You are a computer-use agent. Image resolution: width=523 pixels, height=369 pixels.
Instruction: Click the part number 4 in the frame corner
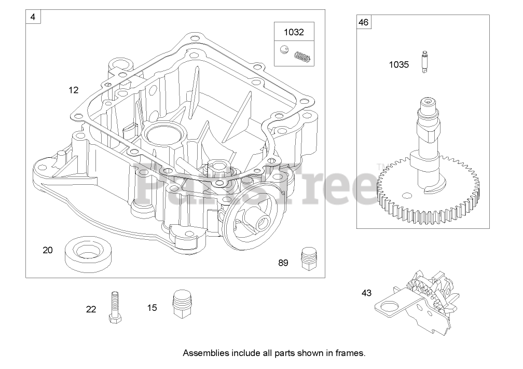click(33, 17)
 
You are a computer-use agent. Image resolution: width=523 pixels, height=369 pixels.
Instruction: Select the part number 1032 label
click(293, 32)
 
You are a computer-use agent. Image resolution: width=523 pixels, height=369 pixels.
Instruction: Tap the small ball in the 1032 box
click(284, 50)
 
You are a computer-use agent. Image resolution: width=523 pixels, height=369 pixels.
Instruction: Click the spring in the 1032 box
click(303, 56)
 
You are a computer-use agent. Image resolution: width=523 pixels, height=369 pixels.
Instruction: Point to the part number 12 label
click(73, 90)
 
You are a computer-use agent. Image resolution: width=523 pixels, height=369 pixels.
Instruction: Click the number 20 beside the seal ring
click(48, 250)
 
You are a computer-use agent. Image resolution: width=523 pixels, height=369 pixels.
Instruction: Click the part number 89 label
click(283, 263)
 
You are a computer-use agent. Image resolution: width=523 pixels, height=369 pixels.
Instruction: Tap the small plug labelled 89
click(309, 258)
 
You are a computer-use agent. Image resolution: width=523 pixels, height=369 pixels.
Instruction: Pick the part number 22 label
click(91, 309)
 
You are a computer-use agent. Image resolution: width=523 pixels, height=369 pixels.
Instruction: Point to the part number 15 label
click(152, 308)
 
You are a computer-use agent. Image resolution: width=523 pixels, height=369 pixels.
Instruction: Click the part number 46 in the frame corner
click(363, 22)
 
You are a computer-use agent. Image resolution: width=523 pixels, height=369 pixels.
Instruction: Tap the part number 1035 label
click(399, 65)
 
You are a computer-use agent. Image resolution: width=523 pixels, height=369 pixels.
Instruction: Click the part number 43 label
click(367, 293)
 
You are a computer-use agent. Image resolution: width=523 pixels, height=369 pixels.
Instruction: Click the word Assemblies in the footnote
click(205, 353)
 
